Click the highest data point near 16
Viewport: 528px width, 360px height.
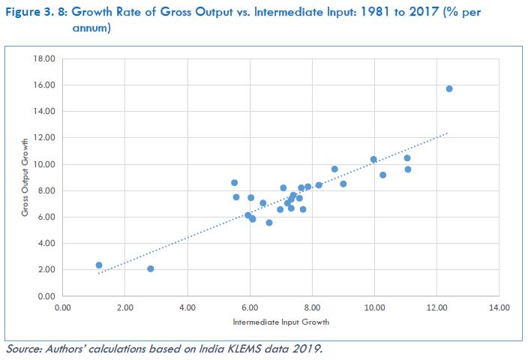[449, 88]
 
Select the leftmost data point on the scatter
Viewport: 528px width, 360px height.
[99, 265]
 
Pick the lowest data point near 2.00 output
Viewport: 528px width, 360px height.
[151, 268]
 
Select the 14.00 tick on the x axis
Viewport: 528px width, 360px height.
[499, 307]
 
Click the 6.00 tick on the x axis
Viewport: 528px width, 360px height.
[250, 307]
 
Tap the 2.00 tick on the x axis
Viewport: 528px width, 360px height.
[125, 307]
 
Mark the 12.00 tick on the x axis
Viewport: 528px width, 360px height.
[436, 307]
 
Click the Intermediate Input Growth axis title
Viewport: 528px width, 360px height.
[281, 322]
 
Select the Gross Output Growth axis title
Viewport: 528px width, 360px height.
[25, 178]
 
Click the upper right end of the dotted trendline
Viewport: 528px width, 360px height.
[448, 133]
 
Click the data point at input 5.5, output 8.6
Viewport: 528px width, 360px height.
[234, 182]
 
